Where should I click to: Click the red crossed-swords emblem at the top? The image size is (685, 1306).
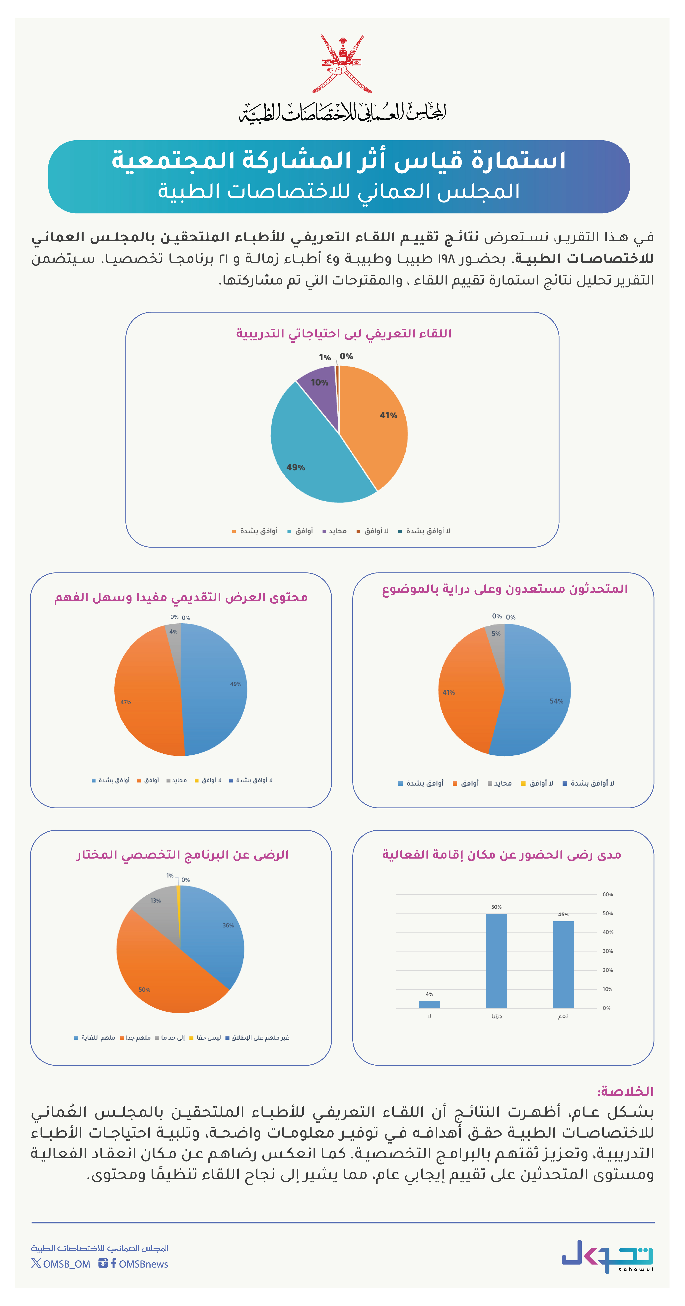click(x=342, y=63)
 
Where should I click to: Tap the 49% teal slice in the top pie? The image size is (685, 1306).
click(x=309, y=451)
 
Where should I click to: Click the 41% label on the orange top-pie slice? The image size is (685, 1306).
click(x=388, y=415)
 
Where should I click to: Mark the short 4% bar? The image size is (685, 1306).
click(x=429, y=1004)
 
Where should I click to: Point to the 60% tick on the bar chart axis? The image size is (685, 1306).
click(x=607, y=894)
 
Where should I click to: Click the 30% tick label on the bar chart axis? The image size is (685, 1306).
click(x=607, y=951)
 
